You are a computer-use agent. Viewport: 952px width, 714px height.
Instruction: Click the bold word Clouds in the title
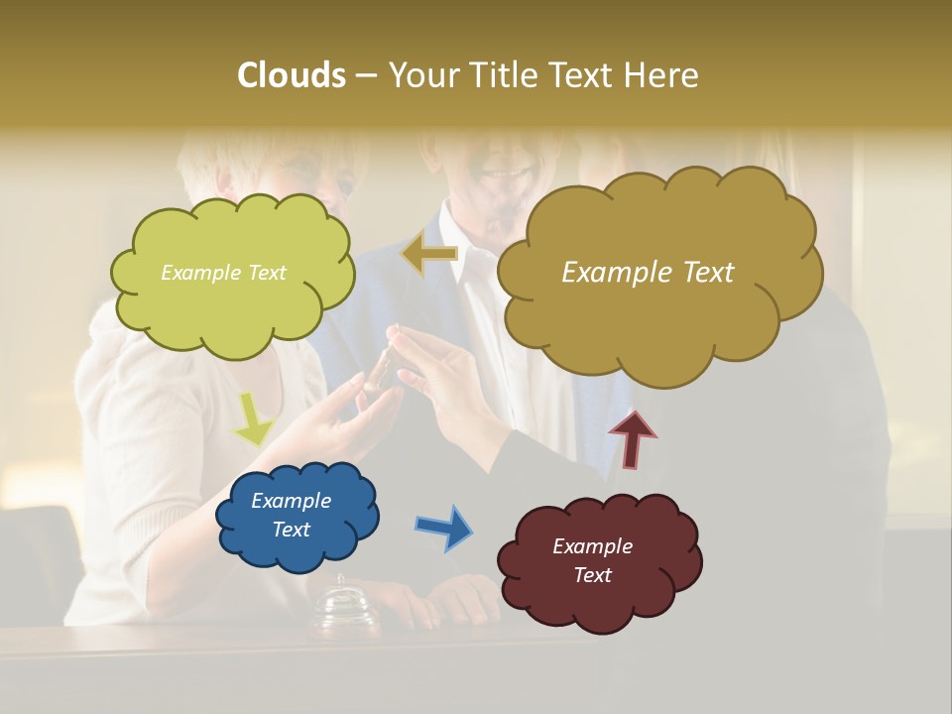coord(291,75)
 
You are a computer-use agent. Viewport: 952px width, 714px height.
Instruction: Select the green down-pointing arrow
coord(254,417)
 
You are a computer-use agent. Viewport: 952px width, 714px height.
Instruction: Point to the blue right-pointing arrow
coord(444,527)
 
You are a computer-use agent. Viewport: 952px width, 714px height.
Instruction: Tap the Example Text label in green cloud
coord(223,273)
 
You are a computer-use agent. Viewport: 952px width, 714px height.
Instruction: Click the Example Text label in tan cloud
coord(648,273)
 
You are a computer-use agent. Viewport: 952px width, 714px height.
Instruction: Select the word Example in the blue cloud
coord(291,501)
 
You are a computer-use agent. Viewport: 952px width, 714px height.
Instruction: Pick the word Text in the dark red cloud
coord(592,576)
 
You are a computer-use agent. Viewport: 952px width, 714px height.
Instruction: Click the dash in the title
coord(366,76)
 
